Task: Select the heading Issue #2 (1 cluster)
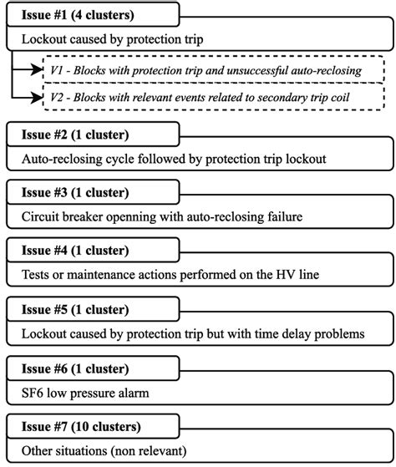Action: click(x=73, y=134)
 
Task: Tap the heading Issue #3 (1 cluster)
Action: click(x=73, y=193)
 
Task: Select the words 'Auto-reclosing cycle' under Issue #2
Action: click(x=82, y=157)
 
